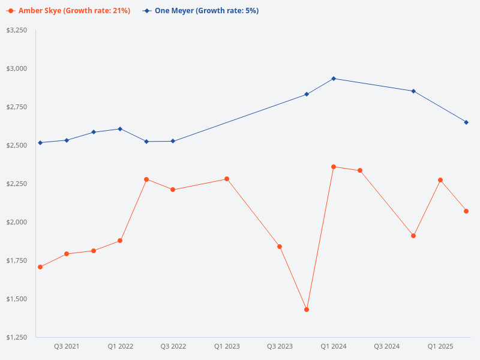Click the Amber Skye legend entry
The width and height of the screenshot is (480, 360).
point(68,11)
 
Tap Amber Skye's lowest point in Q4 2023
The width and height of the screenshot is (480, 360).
point(307,310)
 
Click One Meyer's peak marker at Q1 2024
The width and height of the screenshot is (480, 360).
point(334,79)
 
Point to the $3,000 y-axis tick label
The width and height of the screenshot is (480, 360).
point(17,68)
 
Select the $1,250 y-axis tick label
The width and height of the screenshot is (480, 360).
point(17,337)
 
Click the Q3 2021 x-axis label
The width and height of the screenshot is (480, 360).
point(67,347)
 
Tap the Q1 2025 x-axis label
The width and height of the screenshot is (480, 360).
point(440,347)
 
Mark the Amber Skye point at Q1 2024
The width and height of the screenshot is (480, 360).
point(334,167)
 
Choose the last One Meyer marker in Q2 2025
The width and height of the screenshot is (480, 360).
point(466,122)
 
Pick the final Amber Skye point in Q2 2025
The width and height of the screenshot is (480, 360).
point(466,211)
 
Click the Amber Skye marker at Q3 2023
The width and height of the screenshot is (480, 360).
point(280,247)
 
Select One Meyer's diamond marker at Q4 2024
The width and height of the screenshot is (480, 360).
point(413,91)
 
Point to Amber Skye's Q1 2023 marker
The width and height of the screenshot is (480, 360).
point(227,179)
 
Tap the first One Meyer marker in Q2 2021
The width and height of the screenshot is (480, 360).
point(40,143)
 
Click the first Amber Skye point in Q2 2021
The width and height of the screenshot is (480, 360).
point(40,267)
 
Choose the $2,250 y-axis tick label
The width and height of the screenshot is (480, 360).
point(17,184)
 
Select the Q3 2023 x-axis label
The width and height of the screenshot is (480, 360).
point(280,347)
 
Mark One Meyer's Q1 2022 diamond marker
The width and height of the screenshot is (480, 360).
point(120,129)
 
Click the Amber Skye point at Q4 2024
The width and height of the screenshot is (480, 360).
point(413,236)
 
